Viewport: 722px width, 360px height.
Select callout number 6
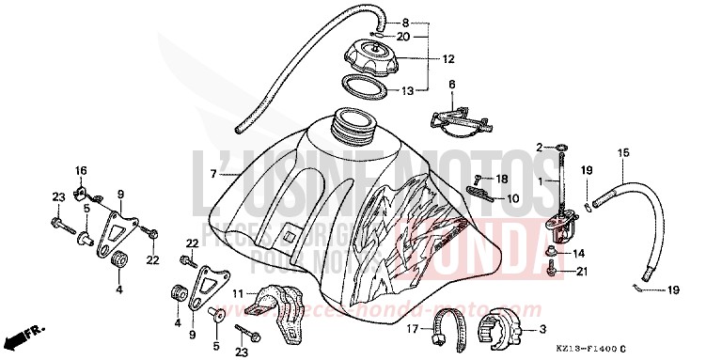[451, 85]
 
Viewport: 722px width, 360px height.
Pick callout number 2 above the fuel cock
[541, 147]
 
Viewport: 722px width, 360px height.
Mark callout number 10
[512, 198]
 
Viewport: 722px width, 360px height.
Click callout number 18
[503, 179]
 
